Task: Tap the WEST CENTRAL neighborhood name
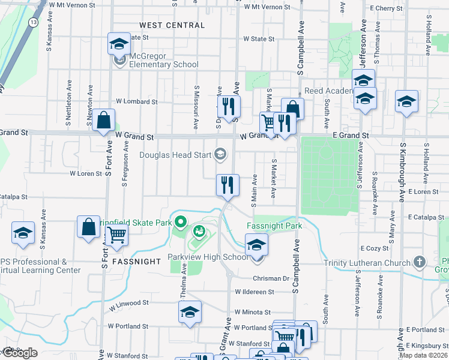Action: point(172,25)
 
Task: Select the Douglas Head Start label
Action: point(175,155)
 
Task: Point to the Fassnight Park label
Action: point(274,226)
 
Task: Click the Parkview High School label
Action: point(207,257)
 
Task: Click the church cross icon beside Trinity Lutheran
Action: point(420,262)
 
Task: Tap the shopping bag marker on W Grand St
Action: point(103,120)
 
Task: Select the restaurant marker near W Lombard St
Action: point(228,106)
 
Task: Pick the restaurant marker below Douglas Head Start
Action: point(228,185)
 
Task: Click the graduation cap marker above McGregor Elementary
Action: point(119,43)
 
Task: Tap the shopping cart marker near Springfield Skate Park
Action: point(116,235)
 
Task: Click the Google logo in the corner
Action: point(20,353)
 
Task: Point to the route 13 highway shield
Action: point(32,22)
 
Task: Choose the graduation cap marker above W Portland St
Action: point(190,311)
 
